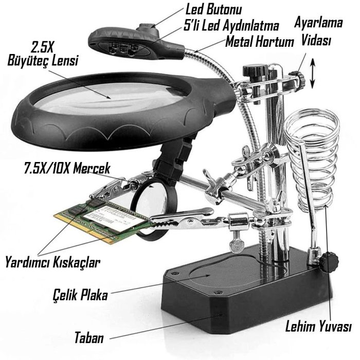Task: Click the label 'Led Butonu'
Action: click(213, 10)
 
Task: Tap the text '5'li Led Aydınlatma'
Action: click(231, 25)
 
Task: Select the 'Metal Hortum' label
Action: click(259, 42)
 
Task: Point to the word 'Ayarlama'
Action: click(318, 23)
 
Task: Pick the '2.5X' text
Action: click(42, 47)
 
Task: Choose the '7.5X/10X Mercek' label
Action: click(67, 168)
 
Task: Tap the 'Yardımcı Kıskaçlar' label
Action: click(53, 262)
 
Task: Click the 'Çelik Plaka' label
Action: click(80, 295)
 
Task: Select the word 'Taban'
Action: click(89, 338)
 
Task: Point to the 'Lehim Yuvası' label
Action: click(318, 326)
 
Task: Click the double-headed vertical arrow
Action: click(312, 74)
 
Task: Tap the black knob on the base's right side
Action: click(329, 262)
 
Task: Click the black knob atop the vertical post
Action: click(255, 70)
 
